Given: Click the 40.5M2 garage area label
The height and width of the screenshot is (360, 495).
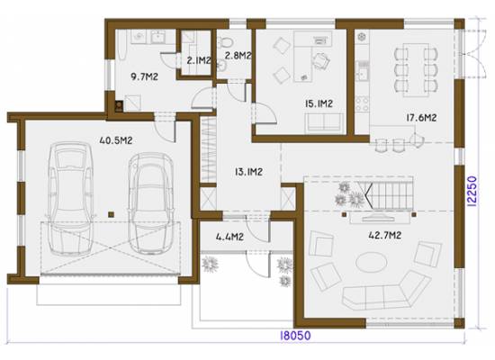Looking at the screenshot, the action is click(116, 140).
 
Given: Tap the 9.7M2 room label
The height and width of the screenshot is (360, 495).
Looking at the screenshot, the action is click(144, 76).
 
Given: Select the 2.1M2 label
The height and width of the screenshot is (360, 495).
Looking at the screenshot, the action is click(199, 60).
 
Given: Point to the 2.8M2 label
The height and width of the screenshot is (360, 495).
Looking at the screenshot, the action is click(238, 56).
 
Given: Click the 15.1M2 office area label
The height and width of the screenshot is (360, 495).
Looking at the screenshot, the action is click(319, 103).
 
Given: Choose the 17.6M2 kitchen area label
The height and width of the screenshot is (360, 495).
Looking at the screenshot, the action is click(421, 118).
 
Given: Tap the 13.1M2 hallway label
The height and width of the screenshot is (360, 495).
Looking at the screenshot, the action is click(248, 172).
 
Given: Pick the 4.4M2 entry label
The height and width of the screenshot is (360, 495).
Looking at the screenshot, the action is click(229, 237).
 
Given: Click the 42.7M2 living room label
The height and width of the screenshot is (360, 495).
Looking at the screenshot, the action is click(385, 235).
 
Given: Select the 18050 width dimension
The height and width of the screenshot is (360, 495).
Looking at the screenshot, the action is click(295, 336).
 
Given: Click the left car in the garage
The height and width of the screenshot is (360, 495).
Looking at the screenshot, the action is click(70, 199).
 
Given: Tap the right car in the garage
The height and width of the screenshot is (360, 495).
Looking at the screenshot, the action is click(151, 203).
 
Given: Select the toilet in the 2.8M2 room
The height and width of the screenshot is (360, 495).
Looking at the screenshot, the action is click(225, 41).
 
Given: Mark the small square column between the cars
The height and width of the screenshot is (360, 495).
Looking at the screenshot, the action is click(111, 214).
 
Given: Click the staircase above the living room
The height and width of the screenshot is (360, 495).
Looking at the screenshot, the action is click(390, 193).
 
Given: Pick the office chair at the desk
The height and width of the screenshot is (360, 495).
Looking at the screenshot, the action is click(321, 60).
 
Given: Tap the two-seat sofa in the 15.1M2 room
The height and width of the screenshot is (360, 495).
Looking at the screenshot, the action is click(324, 122).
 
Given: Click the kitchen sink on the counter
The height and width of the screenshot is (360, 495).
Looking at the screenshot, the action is click(362, 70).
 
